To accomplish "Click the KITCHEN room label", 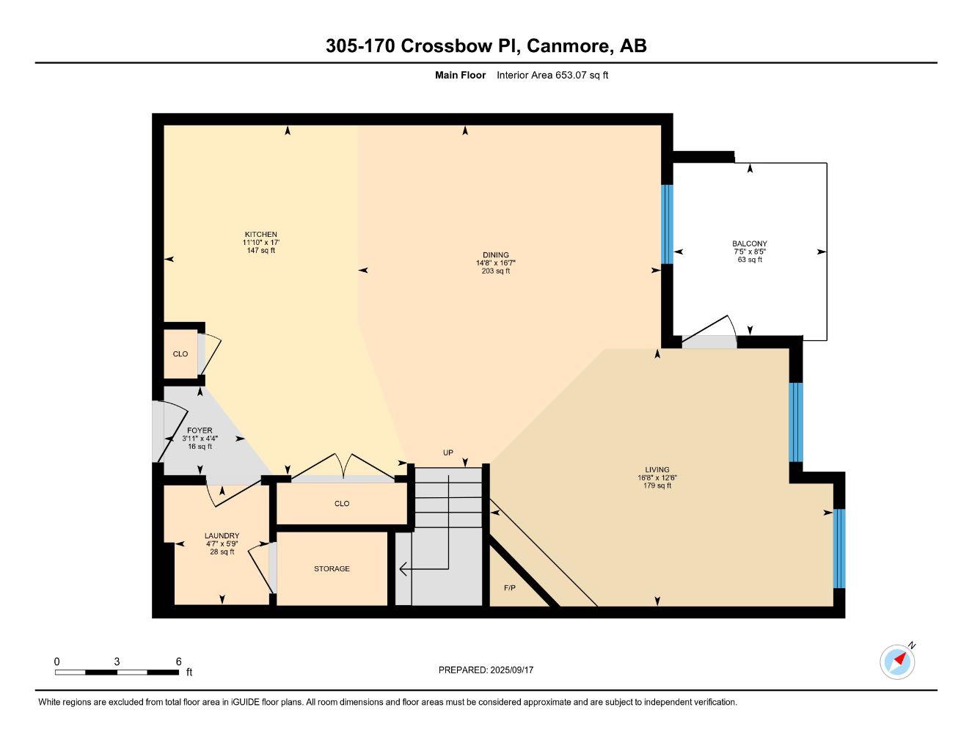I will pos(260,235).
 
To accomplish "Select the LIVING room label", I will pos(657,470).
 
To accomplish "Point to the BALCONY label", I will pos(749,243).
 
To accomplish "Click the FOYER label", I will pos(200,431).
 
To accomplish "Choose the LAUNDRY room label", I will pos(222,536).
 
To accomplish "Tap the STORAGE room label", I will pos(332,568).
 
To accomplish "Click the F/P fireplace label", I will pos(510,588).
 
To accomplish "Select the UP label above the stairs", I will pos(447,453).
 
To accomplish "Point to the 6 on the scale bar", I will pos(178,661).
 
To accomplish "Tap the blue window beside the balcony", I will pos(667,224).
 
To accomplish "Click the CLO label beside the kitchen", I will pos(180,354).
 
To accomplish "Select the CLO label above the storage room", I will pos(342,504).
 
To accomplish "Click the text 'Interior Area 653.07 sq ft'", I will pos(552,75).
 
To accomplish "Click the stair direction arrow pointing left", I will pos(403,568).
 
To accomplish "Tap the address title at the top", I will pos(486,45).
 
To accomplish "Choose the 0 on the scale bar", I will pos(56,661).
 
